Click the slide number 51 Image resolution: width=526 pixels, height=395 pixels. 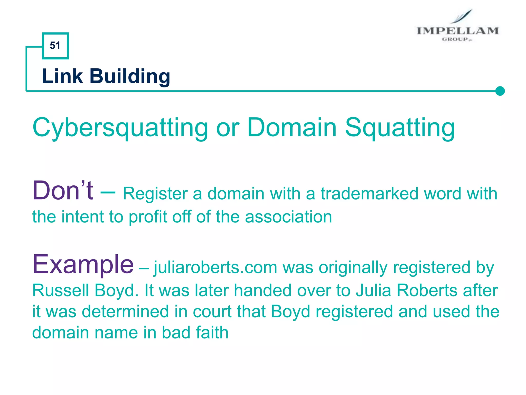[55, 46]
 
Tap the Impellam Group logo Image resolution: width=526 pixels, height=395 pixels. [457, 27]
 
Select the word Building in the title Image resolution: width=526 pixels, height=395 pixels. [130, 77]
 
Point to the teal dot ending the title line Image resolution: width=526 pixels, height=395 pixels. [500, 91]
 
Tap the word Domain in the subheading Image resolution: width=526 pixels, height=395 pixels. [292, 127]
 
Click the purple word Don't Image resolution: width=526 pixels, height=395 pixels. [63, 191]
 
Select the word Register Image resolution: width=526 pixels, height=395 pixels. [155, 194]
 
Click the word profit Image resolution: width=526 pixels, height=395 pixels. [148, 217]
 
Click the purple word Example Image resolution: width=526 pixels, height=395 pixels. [83, 265]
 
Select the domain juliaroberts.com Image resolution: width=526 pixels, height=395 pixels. [215, 268]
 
